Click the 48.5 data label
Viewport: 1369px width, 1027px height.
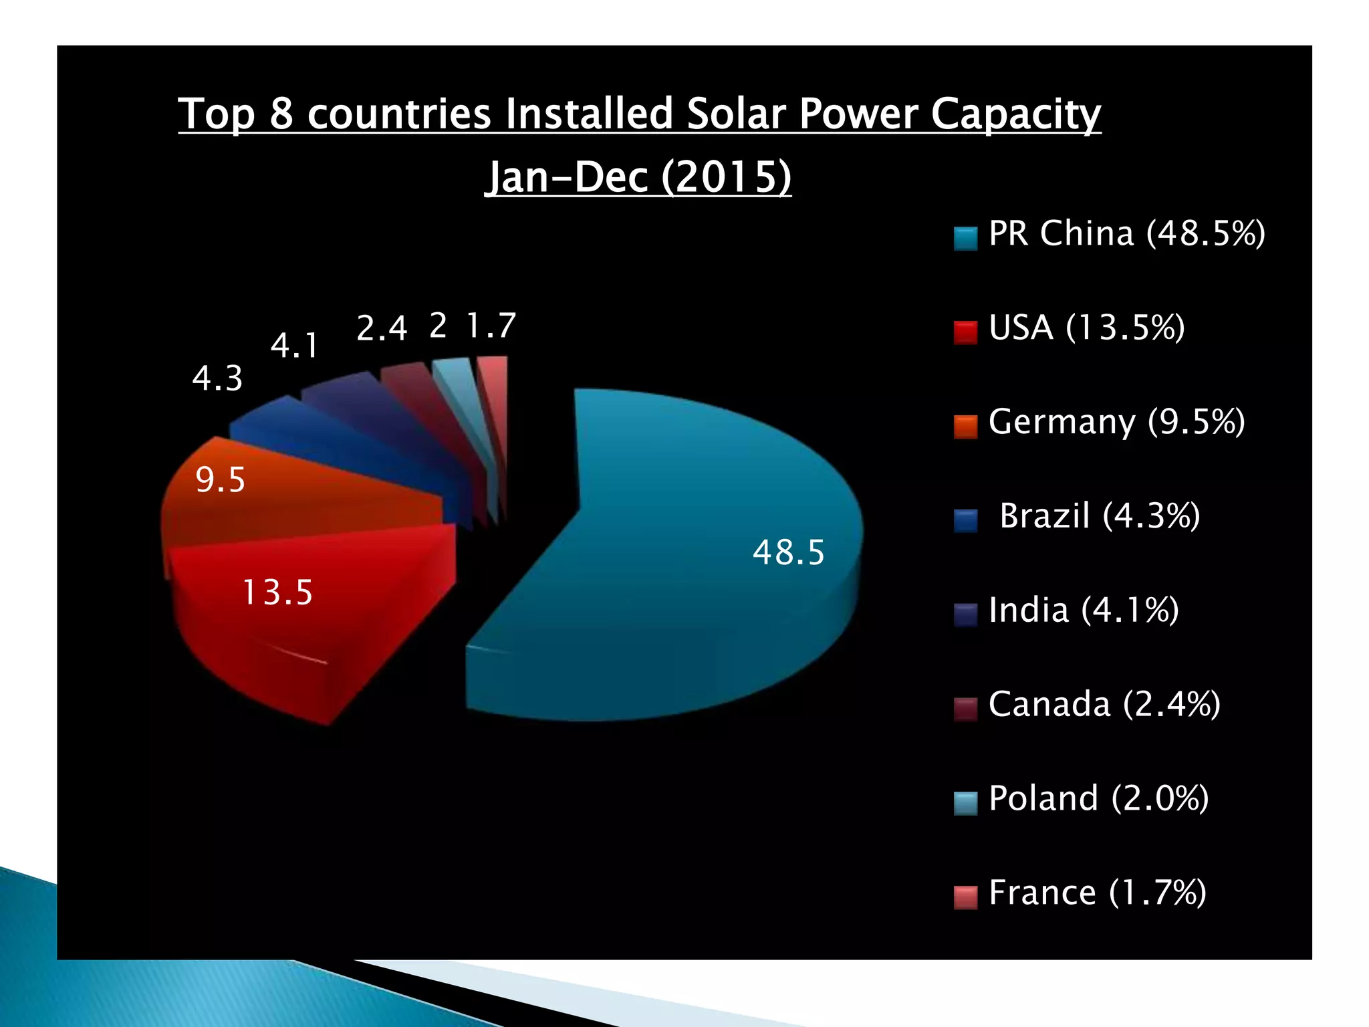(789, 553)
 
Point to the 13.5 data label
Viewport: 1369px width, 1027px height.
(277, 593)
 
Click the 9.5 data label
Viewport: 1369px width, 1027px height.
(220, 480)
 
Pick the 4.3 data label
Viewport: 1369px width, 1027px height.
(217, 378)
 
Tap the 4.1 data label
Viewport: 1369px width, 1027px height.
(295, 346)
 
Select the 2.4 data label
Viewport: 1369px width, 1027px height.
(382, 328)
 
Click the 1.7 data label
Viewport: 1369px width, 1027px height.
(491, 326)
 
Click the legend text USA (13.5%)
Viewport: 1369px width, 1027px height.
(1086, 328)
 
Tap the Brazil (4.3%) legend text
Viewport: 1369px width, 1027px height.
(1100, 516)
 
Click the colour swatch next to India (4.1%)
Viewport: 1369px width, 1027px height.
(965, 614)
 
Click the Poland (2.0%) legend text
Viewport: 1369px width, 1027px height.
(1098, 798)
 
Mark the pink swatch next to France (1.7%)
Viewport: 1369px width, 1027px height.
(965, 897)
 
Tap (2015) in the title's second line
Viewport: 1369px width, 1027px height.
(726, 177)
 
